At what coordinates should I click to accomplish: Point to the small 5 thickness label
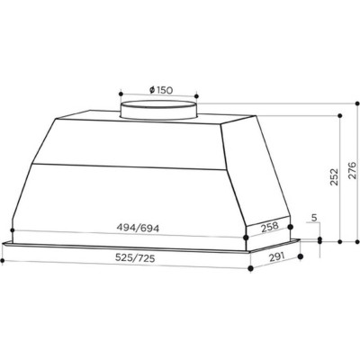click(x=313, y=219)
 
